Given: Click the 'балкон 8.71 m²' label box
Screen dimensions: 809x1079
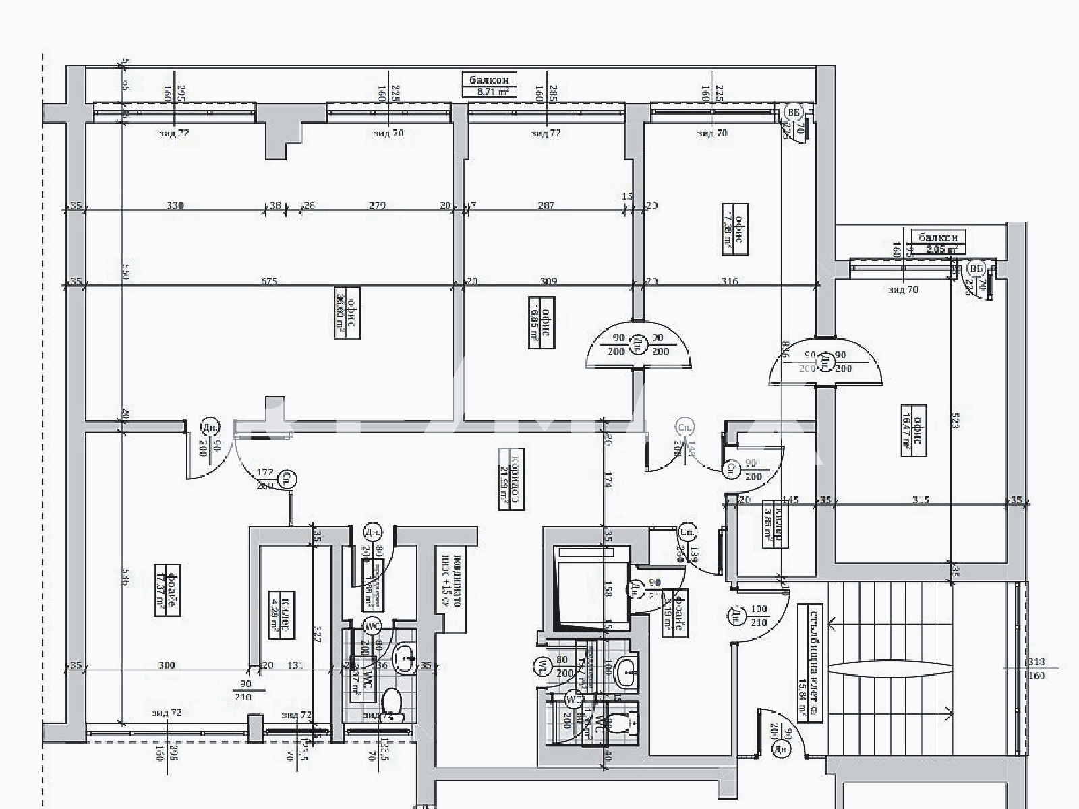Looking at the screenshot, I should click(x=490, y=84).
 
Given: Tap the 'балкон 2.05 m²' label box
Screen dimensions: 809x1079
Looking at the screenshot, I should click(x=938, y=242).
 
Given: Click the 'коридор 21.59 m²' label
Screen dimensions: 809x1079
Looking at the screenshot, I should click(x=511, y=478).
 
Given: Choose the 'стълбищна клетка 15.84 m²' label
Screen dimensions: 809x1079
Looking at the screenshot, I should click(x=809, y=664).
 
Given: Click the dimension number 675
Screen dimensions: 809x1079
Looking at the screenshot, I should click(x=269, y=281).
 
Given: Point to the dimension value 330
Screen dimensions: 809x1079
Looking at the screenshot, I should click(x=175, y=206).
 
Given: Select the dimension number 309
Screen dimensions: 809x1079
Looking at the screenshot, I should click(x=549, y=281).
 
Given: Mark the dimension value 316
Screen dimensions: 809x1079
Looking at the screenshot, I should click(x=730, y=281).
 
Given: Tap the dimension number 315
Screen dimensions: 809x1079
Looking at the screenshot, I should click(x=921, y=500).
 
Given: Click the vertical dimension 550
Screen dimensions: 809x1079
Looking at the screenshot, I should click(x=126, y=272).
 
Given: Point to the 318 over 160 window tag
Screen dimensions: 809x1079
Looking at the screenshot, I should click(x=1037, y=669).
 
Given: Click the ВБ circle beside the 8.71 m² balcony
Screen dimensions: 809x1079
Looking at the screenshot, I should click(x=794, y=112).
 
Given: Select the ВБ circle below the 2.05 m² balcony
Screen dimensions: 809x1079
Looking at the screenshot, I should click(x=976, y=270).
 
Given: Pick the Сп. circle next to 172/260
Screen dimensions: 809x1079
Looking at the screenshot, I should click(x=289, y=477).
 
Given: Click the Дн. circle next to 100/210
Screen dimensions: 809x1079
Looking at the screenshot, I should click(x=736, y=614).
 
